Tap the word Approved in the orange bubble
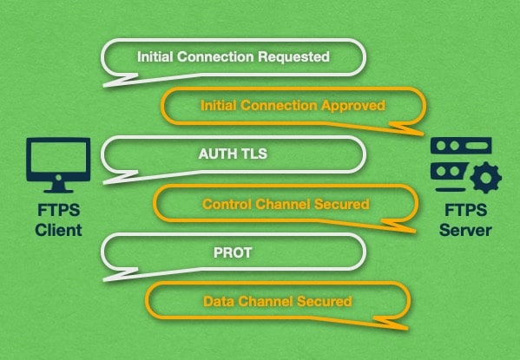(x=354, y=105)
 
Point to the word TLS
(x=253, y=155)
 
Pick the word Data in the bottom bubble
(x=217, y=302)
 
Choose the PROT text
(x=232, y=253)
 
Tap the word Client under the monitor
(x=59, y=231)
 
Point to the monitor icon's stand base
(x=59, y=189)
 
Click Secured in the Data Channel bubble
(x=326, y=302)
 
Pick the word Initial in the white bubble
(x=157, y=57)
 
